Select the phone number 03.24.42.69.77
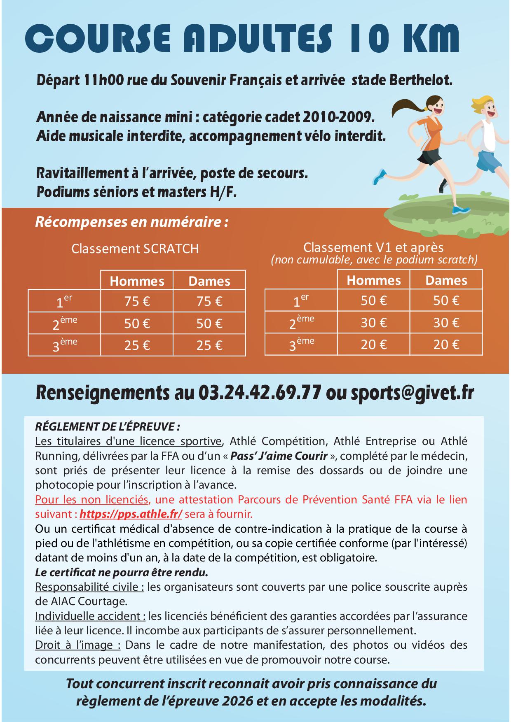(x=259, y=393)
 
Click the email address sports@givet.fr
(x=412, y=393)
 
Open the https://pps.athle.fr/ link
(x=131, y=514)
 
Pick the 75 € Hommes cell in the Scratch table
(x=137, y=302)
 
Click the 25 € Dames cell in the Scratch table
(x=209, y=345)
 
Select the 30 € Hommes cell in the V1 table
(x=373, y=323)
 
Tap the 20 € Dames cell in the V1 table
(x=446, y=344)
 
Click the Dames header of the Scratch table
(x=209, y=281)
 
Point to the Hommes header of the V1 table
(x=373, y=280)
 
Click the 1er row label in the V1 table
(x=301, y=301)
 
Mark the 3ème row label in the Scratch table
(x=65, y=345)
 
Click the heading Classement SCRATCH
(x=135, y=249)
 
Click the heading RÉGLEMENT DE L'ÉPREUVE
(x=108, y=426)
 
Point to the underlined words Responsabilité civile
(x=89, y=587)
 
